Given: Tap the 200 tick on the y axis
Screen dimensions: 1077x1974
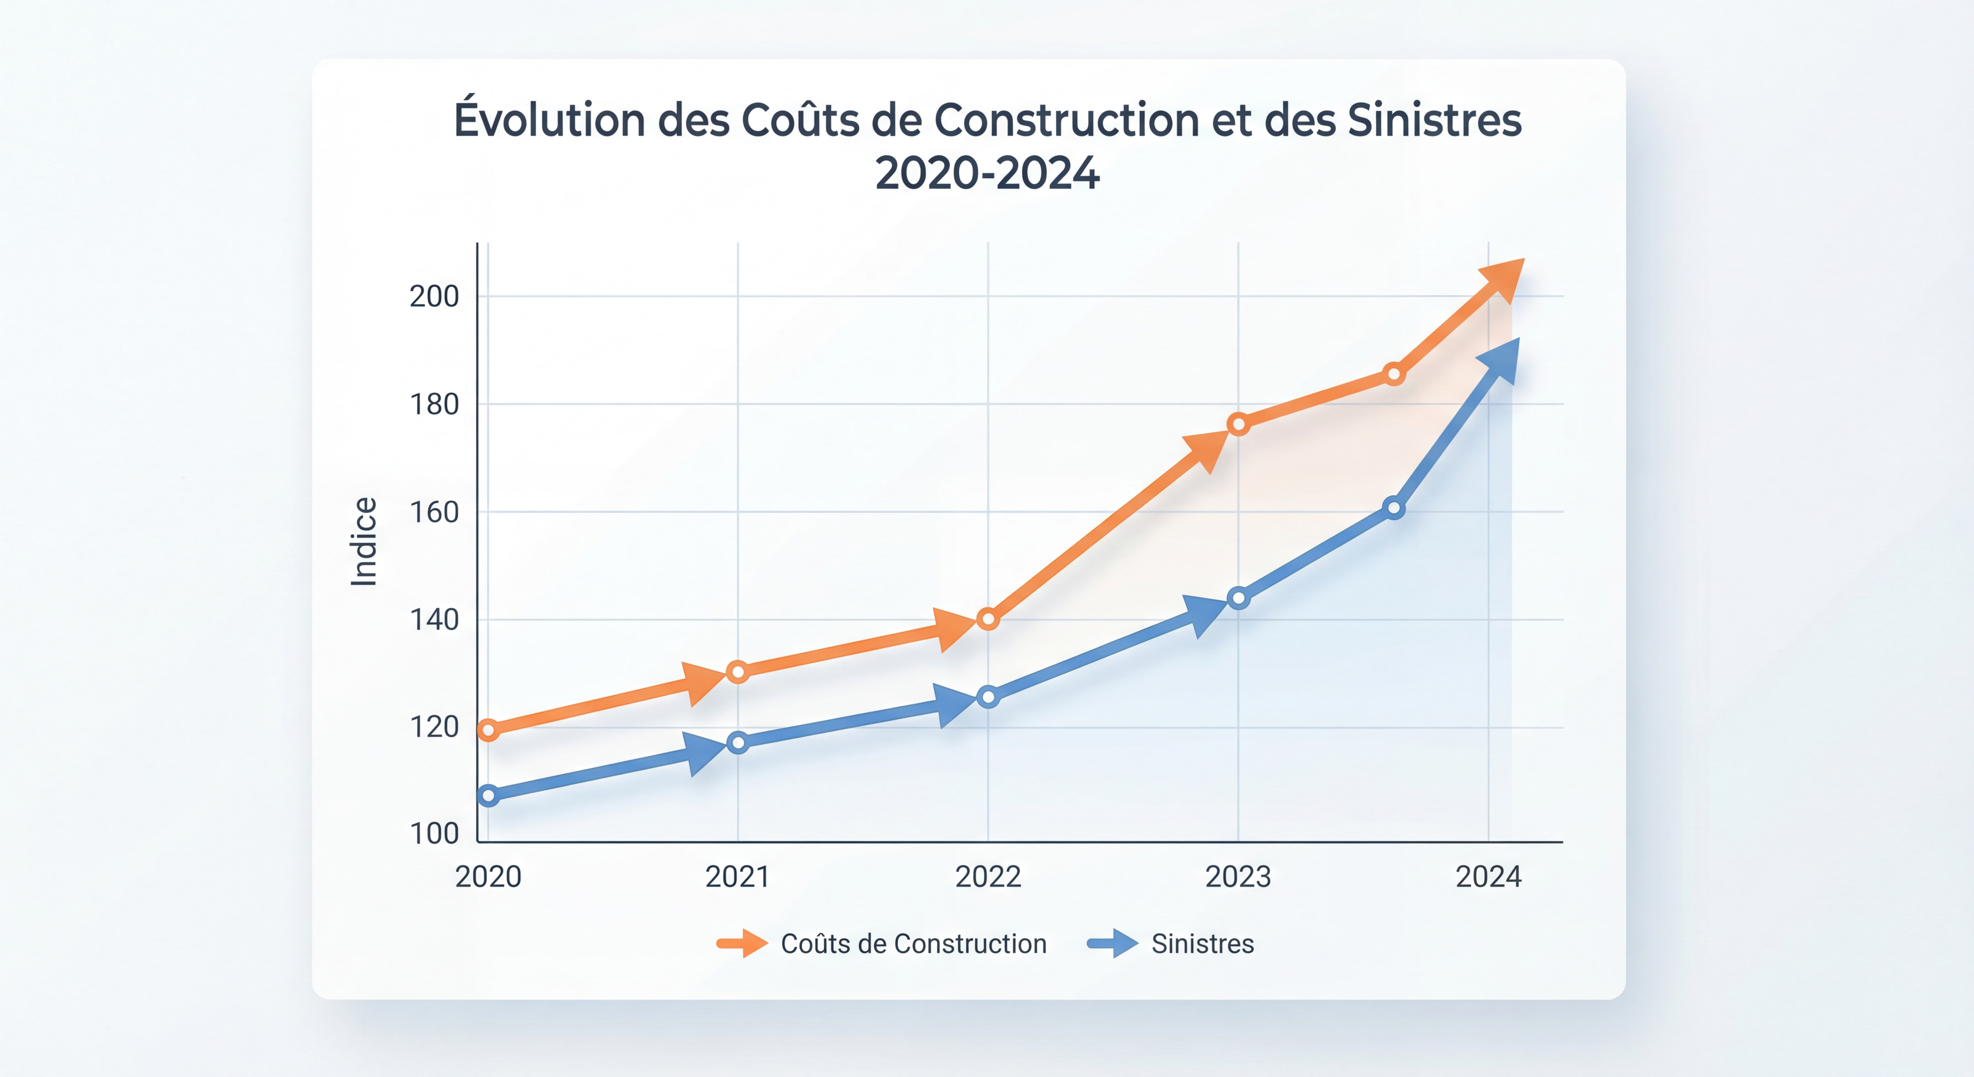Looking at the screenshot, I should [434, 297].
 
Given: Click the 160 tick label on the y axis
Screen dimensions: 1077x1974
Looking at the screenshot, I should [434, 512].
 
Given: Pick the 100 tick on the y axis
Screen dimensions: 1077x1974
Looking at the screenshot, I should [434, 833].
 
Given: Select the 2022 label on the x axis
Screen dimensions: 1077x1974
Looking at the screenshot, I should [988, 876].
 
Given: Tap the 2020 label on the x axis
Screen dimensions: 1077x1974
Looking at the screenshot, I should [488, 876].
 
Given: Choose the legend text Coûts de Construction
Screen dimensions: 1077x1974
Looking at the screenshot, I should [913, 944].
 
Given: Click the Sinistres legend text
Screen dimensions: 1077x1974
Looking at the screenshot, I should [1202, 944].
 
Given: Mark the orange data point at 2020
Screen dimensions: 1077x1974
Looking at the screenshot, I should [488, 730].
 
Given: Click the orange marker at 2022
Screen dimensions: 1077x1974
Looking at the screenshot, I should [988, 618].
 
